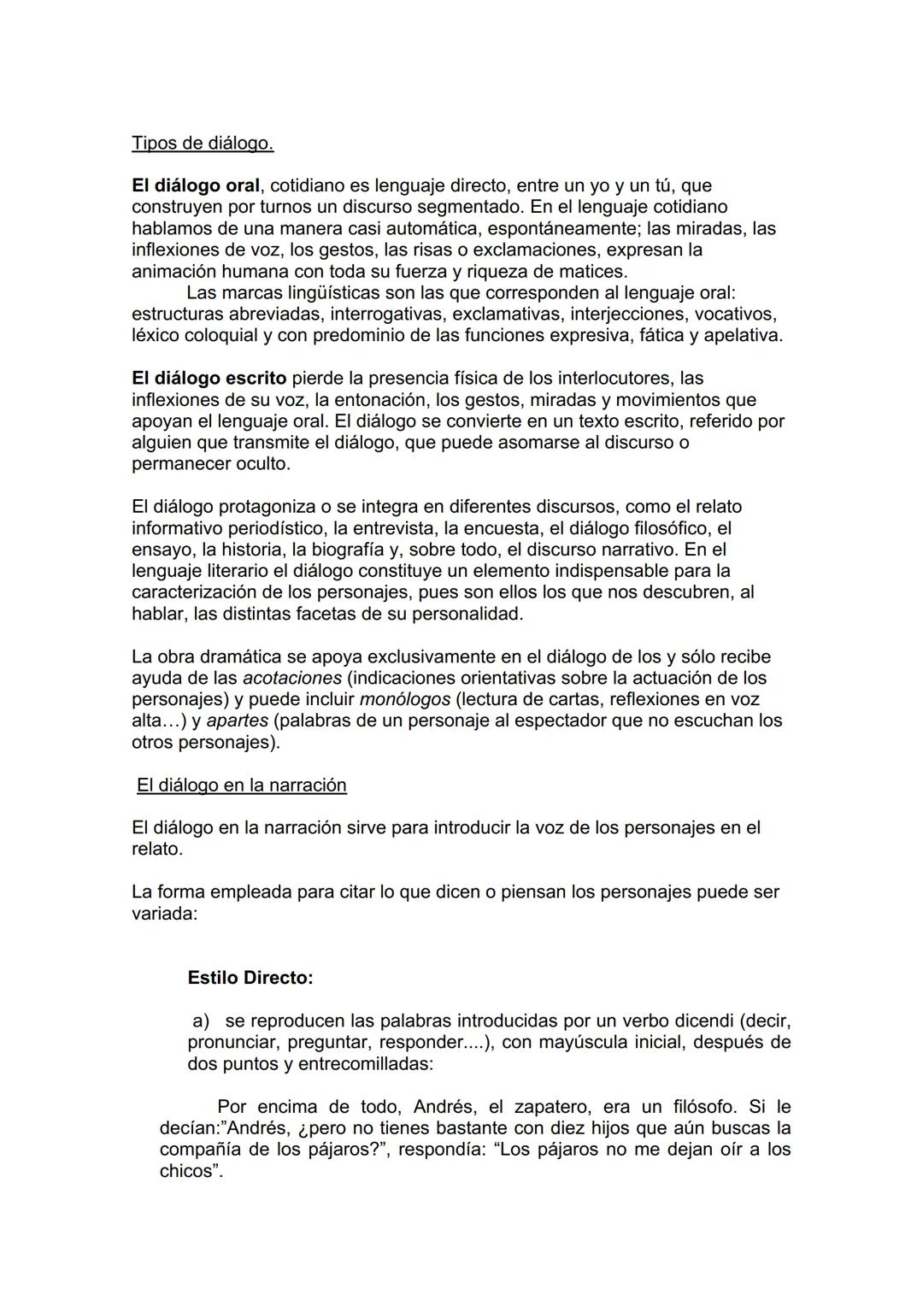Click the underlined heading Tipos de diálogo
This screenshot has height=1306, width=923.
(203, 143)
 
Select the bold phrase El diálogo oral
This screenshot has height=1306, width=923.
(195, 185)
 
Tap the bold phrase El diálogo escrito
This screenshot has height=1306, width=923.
(209, 378)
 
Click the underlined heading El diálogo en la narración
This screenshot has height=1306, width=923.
(241, 785)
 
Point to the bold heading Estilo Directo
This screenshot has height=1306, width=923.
(250, 978)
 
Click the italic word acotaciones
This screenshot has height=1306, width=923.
(292, 678)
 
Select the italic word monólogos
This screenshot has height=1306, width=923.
(404, 699)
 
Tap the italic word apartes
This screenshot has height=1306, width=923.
(237, 721)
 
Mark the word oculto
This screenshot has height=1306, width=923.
(262, 464)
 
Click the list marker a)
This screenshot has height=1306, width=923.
(202, 1021)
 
